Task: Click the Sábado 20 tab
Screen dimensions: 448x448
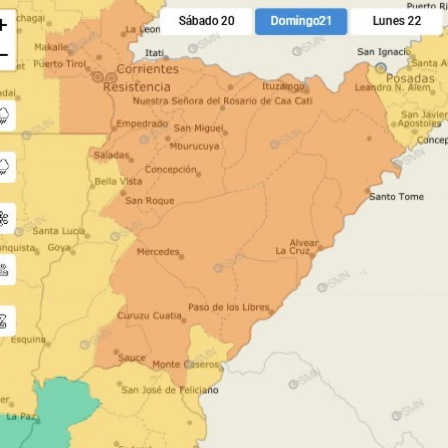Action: click(x=206, y=21)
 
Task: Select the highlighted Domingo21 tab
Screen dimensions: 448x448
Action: click(x=301, y=21)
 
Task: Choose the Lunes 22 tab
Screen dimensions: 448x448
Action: click(x=396, y=21)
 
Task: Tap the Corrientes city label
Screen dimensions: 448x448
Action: click(x=147, y=69)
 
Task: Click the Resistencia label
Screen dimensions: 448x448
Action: click(x=136, y=86)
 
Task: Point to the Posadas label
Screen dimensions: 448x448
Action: click(x=410, y=79)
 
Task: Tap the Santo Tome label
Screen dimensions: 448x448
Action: click(x=396, y=196)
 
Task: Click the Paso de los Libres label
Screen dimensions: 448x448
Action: click(x=228, y=307)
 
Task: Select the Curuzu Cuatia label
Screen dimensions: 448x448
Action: click(x=149, y=316)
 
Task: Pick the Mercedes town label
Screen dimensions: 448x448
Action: click(x=158, y=252)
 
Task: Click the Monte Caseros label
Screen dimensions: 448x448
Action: click(x=185, y=365)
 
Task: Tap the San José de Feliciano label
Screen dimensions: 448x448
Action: click(x=170, y=390)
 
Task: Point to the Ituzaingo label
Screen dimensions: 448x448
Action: click(x=283, y=86)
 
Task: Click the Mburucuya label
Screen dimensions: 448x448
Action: click(x=194, y=146)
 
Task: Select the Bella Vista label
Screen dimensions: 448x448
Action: click(x=118, y=181)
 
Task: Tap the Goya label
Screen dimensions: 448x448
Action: click(x=59, y=247)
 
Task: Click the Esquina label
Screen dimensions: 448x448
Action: click(x=28, y=340)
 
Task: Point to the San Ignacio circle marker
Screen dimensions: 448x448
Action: click(x=381, y=68)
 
